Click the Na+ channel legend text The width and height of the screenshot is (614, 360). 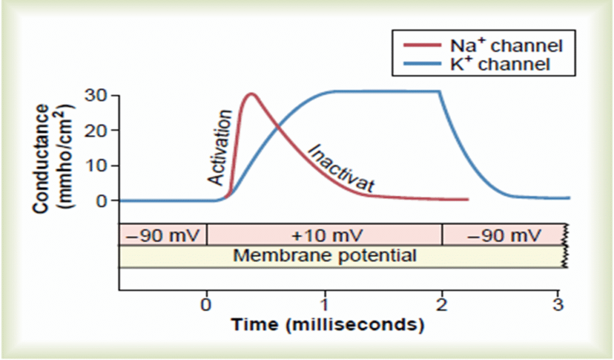pyautogui.click(x=508, y=45)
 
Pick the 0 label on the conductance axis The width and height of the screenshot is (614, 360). pyautogui.click(x=101, y=200)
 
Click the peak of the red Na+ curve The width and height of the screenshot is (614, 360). pyautogui.click(x=250, y=94)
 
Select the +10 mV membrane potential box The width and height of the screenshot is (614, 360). pyautogui.click(x=324, y=234)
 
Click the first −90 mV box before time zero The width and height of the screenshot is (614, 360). pyautogui.click(x=163, y=234)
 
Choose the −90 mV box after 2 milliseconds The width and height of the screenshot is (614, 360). pyautogui.click(x=502, y=234)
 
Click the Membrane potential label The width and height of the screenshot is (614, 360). pyautogui.click(x=324, y=256)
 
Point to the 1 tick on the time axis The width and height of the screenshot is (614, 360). pyautogui.click(x=324, y=302)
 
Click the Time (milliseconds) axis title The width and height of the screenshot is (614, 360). pyautogui.click(x=324, y=325)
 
